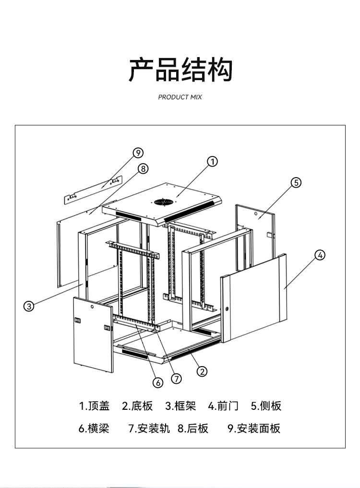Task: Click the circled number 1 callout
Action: (213, 161)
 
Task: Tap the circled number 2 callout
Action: (202, 371)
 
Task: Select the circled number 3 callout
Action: (29, 306)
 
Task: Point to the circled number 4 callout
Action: (320, 255)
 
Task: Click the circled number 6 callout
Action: (158, 382)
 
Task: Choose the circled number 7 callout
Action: (177, 378)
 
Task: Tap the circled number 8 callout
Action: (143, 168)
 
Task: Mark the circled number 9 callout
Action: (138, 153)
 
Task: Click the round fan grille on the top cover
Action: (164, 202)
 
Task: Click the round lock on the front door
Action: (227, 308)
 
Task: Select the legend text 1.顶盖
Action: (94, 406)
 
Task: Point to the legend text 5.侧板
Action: (266, 406)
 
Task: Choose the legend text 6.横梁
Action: (94, 428)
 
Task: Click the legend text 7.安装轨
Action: (149, 428)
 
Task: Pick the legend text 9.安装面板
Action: (253, 428)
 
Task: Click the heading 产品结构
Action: (180, 70)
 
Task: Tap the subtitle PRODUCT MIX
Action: (180, 97)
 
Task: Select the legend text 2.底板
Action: (137, 406)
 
